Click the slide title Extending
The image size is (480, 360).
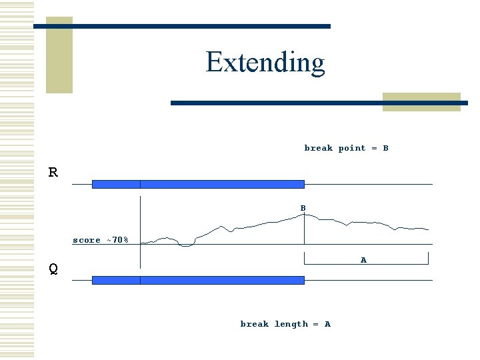click(x=265, y=62)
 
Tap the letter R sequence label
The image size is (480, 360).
click(x=53, y=173)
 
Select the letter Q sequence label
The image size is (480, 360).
click(x=53, y=269)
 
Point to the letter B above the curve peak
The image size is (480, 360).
click(x=303, y=209)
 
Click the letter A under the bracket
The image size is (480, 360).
click(x=363, y=260)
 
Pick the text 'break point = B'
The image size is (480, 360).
click(x=346, y=148)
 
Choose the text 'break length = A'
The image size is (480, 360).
click(x=285, y=324)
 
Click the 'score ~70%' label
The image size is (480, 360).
click(x=101, y=240)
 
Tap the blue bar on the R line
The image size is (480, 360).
click(x=198, y=184)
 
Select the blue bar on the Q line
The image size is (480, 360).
click(x=198, y=280)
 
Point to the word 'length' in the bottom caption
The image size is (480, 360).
click(x=291, y=324)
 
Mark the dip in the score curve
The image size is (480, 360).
click(x=186, y=245)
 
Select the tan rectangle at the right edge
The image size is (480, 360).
click(x=421, y=101)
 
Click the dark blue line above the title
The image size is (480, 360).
click(x=181, y=26)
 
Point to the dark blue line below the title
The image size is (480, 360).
click(x=319, y=103)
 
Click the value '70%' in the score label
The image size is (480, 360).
click(x=121, y=240)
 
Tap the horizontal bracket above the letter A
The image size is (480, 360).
click(x=366, y=264)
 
